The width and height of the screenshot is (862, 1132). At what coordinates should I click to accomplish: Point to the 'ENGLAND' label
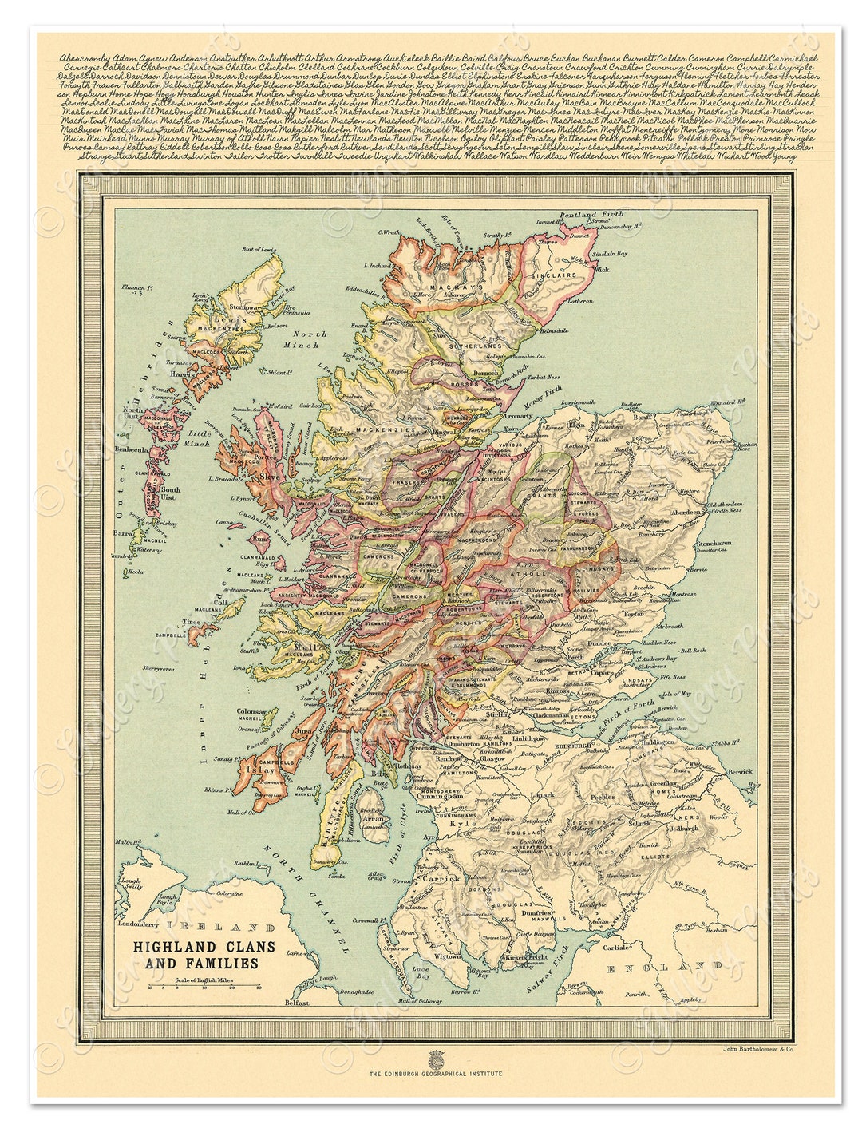[668, 968]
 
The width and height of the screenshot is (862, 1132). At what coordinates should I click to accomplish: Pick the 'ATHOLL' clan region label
[536, 572]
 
